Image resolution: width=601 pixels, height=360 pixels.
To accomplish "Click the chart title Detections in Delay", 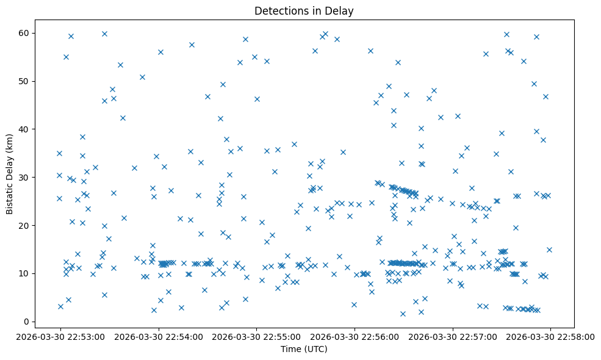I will click(304, 11).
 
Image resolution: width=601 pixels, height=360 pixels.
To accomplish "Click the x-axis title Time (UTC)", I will click(304, 349).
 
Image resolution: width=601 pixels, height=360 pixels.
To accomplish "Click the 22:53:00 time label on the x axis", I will click(60, 336).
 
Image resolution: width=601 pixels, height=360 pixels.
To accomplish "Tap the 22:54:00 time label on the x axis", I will click(159, 336).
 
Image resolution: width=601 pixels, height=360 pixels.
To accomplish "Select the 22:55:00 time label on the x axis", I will click(256, 336).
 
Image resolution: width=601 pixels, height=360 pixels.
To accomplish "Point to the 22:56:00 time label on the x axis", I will click(354, 336).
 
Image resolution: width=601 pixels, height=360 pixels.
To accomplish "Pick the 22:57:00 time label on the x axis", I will click(453, 336).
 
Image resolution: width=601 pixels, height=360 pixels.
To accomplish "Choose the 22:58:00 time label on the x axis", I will click(550, 336).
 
